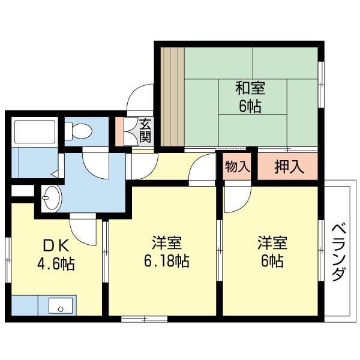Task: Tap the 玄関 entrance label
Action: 146,131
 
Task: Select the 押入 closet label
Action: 289,167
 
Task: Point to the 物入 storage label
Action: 237,167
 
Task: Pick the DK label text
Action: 57,245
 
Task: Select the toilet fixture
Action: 78,130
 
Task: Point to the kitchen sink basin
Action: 59,307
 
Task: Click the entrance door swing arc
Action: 139,99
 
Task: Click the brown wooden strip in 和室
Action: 173,96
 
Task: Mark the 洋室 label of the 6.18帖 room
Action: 167,244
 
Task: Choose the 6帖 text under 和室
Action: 250,107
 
